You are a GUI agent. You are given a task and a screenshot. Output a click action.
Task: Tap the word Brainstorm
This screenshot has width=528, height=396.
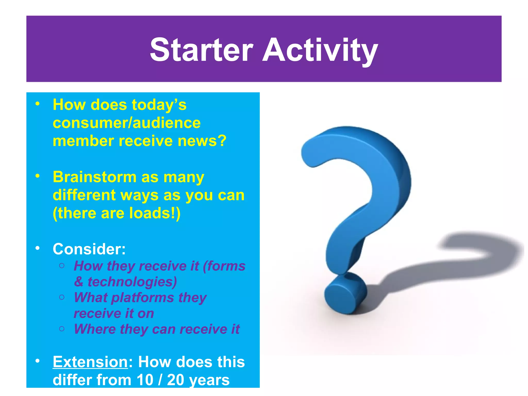[x=94, y=177]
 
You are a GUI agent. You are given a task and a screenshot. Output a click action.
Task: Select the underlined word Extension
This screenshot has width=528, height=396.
[x=90, y=362]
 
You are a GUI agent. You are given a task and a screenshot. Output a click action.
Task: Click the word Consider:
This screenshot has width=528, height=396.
[x=89, y=249]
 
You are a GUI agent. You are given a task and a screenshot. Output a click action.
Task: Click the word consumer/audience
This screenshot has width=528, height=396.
[x=127, y=123]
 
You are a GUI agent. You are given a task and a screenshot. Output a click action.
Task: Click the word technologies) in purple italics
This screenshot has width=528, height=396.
[x=132, y=282]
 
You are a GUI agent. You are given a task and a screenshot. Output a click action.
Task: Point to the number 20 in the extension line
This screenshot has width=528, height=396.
[x=175, y=380]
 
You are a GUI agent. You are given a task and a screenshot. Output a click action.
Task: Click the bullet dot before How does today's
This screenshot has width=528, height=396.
[x=38, y=104]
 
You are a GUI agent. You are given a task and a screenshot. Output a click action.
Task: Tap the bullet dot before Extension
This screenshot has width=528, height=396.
[x=38, y=361]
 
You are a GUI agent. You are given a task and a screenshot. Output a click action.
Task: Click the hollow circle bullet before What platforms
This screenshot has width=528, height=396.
[x=62, y=297]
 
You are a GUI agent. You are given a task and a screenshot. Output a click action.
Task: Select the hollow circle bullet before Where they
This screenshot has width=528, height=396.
[x=62, y=329]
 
